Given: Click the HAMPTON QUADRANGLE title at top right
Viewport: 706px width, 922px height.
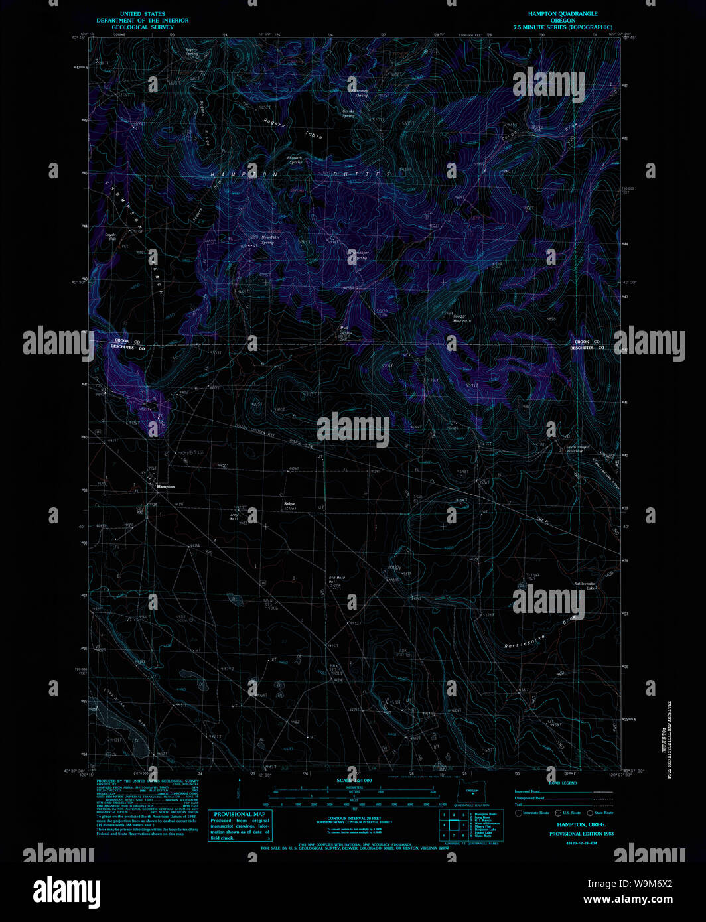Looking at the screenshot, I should (563, 13).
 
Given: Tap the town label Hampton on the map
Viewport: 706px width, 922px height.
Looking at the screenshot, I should (165, 486).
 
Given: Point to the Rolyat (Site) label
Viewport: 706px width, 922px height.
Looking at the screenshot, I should (290, 506).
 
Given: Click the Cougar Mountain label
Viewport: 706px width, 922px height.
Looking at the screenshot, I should (462, 318).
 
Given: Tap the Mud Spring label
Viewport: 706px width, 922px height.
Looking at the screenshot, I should (345, 329).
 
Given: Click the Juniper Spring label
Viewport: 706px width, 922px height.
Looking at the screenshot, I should (360, 255).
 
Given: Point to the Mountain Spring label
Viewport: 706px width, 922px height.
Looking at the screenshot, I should (269, 239).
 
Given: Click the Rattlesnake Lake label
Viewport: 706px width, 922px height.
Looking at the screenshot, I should (585, 586).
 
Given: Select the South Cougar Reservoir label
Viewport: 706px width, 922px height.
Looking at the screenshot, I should (577, 449).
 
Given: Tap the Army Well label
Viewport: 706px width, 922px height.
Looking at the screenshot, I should (234, 516).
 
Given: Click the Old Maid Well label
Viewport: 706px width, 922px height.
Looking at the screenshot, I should (337, 579).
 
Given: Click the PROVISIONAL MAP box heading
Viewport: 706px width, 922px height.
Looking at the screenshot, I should (239, 814).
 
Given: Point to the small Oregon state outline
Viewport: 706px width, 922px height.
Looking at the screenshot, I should (472, 791).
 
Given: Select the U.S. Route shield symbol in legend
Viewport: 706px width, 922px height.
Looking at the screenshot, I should (558, 813).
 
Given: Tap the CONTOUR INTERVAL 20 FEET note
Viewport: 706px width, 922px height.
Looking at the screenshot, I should (354, 819).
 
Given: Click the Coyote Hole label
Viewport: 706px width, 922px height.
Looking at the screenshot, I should (111, 236).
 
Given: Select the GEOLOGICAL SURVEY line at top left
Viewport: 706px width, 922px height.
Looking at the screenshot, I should (143, 27).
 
